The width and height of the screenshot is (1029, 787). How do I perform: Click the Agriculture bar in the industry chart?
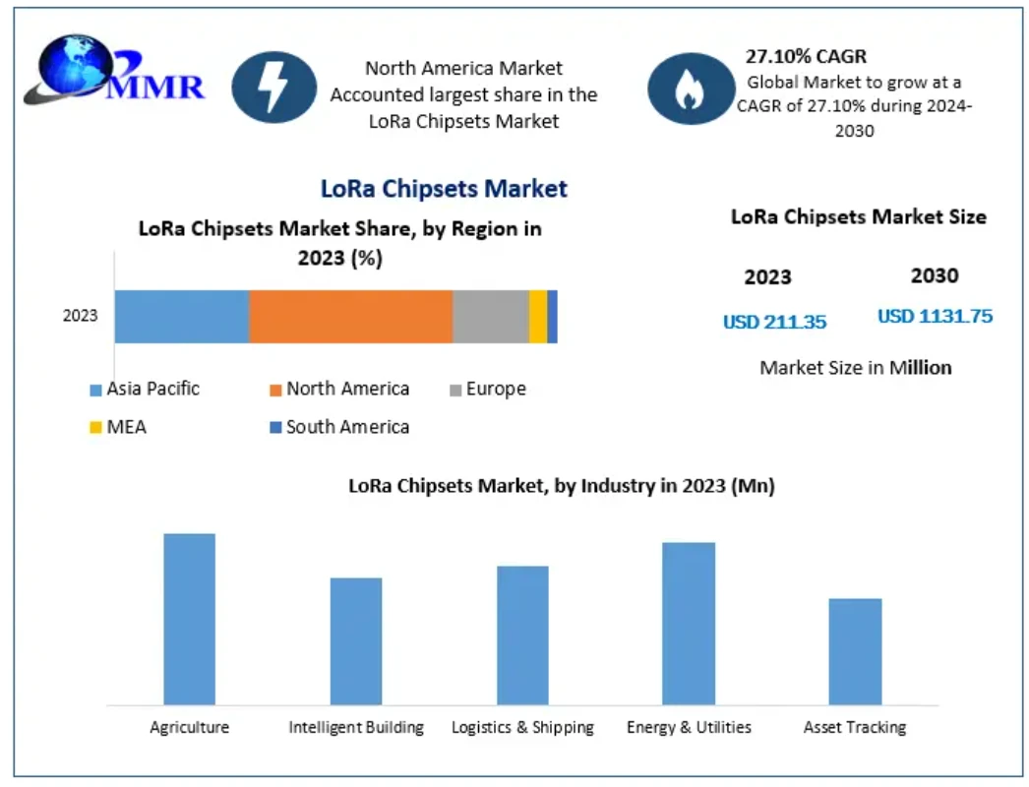189,619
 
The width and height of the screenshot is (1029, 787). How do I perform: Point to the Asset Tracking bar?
855,651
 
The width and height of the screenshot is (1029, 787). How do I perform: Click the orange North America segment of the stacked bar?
350,317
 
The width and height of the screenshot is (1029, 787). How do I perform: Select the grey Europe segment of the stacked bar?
490,317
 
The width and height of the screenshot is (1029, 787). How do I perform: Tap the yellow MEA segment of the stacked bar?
537,317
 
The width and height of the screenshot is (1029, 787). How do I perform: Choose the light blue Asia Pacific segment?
181,317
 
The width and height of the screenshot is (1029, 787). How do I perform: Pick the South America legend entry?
339,427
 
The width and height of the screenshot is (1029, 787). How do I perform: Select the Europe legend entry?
487,390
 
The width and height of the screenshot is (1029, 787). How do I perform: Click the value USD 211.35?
774,322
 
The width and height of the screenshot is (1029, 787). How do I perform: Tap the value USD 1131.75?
935,317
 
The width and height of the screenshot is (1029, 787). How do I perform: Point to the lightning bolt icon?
273,88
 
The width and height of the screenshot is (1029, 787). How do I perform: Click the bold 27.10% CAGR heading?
806,57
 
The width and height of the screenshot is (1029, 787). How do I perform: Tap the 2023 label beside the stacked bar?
81,316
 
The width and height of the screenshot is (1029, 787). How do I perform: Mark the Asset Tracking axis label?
854,728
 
